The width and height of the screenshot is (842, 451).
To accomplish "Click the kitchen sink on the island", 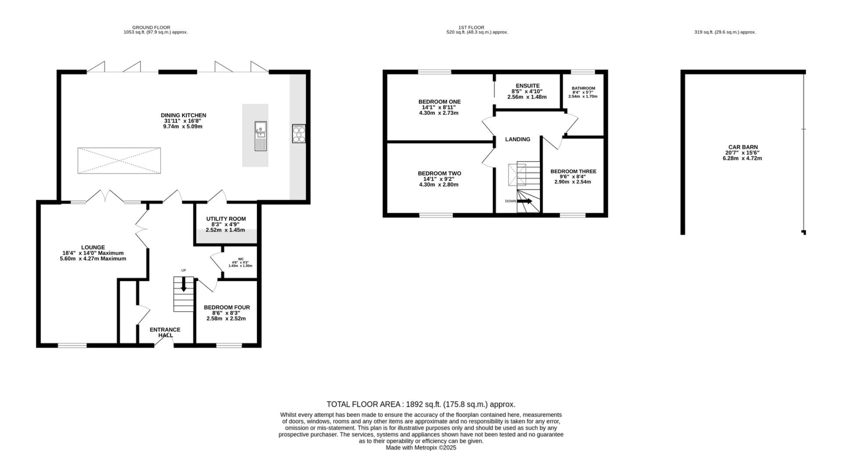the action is [260, 136].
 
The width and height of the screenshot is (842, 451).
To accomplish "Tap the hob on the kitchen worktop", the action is [299, 134].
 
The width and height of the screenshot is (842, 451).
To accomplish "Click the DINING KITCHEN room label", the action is [183, 116].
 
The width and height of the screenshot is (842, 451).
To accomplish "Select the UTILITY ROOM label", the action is [226, 219].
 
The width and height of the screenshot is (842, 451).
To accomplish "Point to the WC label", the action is [241, 259].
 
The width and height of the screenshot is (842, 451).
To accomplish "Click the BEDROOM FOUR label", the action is [227, 307].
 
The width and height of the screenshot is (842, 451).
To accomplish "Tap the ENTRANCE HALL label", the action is [165, 332].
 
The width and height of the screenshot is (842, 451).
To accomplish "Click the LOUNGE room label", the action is [93, 247].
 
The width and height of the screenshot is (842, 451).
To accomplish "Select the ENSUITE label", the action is [528, 86].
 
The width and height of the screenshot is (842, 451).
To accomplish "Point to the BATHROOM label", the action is [583, 88].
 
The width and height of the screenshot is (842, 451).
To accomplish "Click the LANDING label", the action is [517, 139].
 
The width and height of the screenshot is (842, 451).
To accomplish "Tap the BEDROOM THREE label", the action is [573, 171].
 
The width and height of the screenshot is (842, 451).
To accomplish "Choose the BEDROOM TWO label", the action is [439, 173].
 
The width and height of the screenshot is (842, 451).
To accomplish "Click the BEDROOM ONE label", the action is [439, 102].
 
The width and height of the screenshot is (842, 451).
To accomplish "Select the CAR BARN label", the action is [743, 147].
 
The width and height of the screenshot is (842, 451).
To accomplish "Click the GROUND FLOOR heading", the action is [151, 28].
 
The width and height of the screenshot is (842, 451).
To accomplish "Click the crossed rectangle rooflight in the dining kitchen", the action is [119, 161].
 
